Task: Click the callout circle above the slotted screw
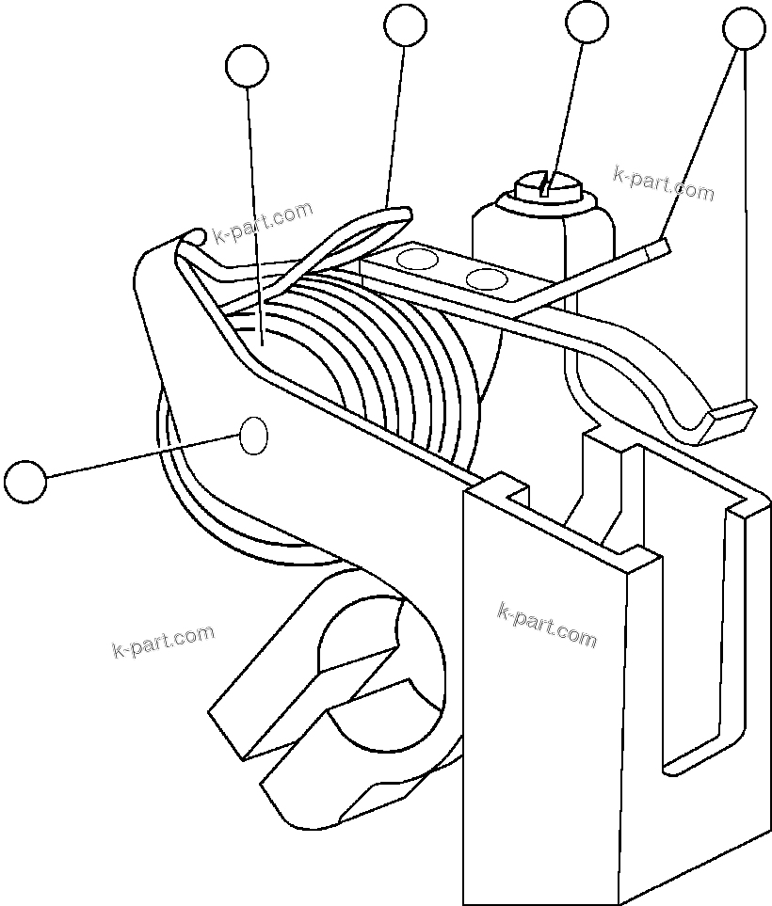tap(587, 22)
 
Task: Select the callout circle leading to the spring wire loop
tap(406, 24)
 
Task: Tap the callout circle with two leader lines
tap(744, 29)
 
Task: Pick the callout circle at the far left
tap(24, 480)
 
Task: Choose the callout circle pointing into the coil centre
tap(248, 66)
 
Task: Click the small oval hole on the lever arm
tap(254, 437)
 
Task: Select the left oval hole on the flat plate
tap(419, 259)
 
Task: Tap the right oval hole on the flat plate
tap(486, 278)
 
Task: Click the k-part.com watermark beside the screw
tap(663, 183)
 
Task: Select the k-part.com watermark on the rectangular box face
tap(546, 626)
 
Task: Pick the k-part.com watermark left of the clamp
tap(162, 642)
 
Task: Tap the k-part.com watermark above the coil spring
tap(263, 222)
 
